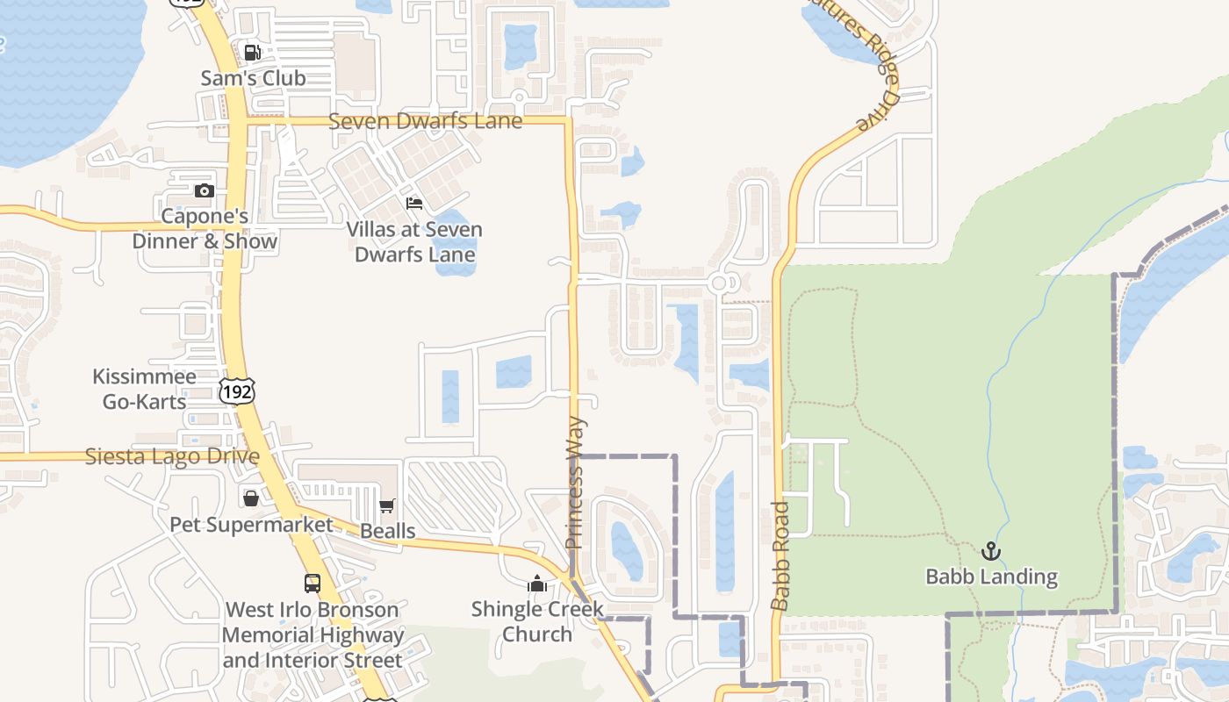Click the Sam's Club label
click(253, 78)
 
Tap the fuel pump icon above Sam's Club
click(252, 53)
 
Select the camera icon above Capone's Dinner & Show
click(205, 190)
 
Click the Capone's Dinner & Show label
click(205, 228)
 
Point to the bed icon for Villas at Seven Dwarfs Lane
click(414, 204)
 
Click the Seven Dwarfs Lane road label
click(425, 121)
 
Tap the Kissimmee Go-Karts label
click(144, 390)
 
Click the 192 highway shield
click(237, 391)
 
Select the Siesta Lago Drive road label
click(172, 457)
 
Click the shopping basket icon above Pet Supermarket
click(251, 498)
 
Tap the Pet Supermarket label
click(251, 525)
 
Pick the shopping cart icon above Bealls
click(387, 505)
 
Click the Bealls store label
click(387, 531)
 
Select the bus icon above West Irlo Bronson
click(313, 583)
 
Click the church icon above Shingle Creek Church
click(537, 583)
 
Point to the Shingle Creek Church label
click(537, 621)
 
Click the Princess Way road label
click(576, 483)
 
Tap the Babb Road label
click(780, 555)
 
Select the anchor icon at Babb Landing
click(991, 551)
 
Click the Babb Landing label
click(991, 577)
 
